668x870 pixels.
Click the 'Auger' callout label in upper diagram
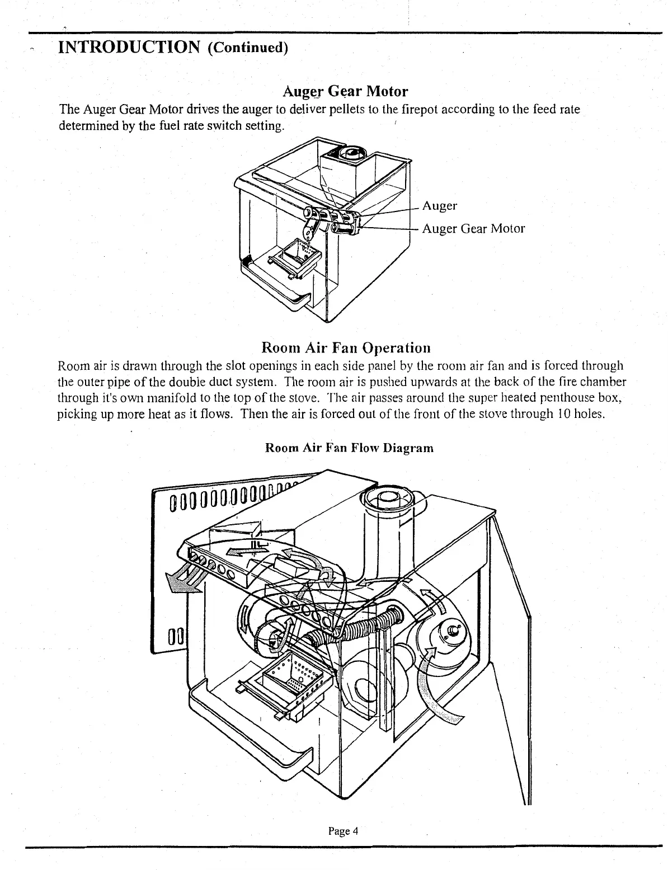pos(440,206)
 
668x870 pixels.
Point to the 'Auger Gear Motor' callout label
pos(473,228)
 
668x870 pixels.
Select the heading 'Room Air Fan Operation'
pos(346,347)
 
